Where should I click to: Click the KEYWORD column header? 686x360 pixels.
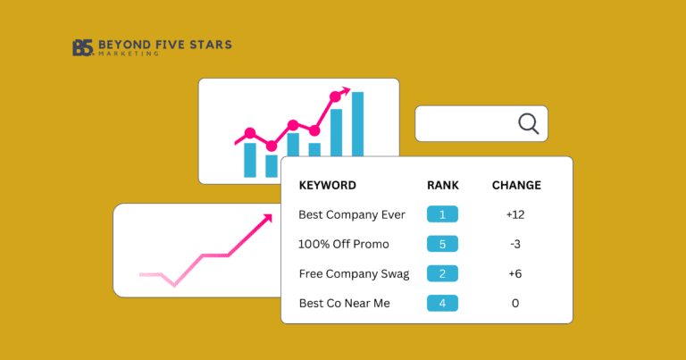pos(327,186)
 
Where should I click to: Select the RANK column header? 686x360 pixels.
pos(442,186)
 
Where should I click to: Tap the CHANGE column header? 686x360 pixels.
pos(516,186)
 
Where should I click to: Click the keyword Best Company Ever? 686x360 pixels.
pos(352,214)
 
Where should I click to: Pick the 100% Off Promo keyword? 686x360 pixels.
pos(344,244)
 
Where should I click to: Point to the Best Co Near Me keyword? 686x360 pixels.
pos(345,303)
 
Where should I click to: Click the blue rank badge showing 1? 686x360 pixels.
pos(442,214)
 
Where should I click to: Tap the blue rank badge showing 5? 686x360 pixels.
pos(442,244)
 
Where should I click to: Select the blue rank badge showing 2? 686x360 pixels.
pos(442,273)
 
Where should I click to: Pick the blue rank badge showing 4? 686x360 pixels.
pos(442,303)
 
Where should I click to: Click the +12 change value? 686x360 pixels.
pos(516,214)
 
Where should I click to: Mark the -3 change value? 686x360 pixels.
pos(516,244)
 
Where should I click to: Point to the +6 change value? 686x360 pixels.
pos(516,273)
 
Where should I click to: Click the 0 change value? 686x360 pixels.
pos(516,303)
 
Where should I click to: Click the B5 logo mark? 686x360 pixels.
pos(82,48)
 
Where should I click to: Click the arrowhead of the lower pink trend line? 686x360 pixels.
pos(267,217)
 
